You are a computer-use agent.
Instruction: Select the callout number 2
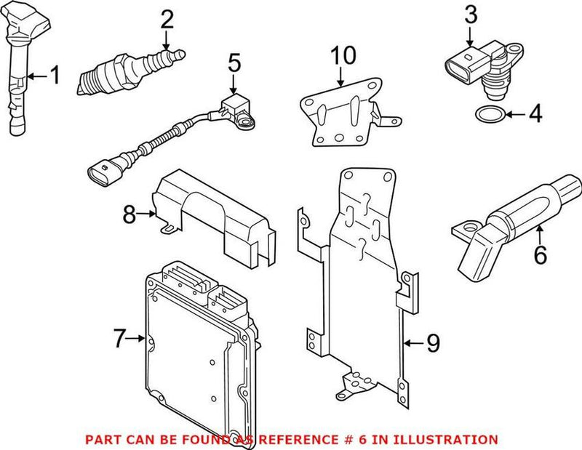(x=167, y=19)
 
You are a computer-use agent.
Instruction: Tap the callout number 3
(x=471, y=14)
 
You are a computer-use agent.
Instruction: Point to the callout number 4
(x=535, y=114)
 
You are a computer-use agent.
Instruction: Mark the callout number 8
(x=129, y=214)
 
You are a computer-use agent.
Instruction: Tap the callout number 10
(x=341, y=55)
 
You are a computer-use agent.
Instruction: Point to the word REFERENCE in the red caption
(x=304, y=439)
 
